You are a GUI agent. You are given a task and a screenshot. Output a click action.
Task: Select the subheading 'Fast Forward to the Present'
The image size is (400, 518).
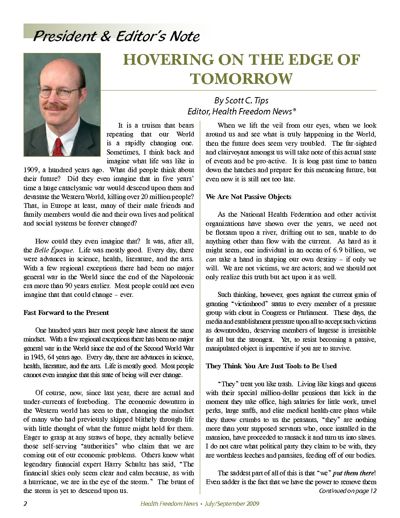coord(66,313)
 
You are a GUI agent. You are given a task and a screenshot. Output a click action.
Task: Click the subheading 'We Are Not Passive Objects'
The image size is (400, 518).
coord(249,197)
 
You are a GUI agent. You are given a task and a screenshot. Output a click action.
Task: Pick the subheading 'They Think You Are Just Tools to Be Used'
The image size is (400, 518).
coord(271,366)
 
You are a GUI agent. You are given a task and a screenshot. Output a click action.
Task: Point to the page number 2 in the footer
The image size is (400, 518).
coord(25,504)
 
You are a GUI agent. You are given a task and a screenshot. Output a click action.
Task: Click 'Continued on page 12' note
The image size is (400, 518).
coord(347,491)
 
